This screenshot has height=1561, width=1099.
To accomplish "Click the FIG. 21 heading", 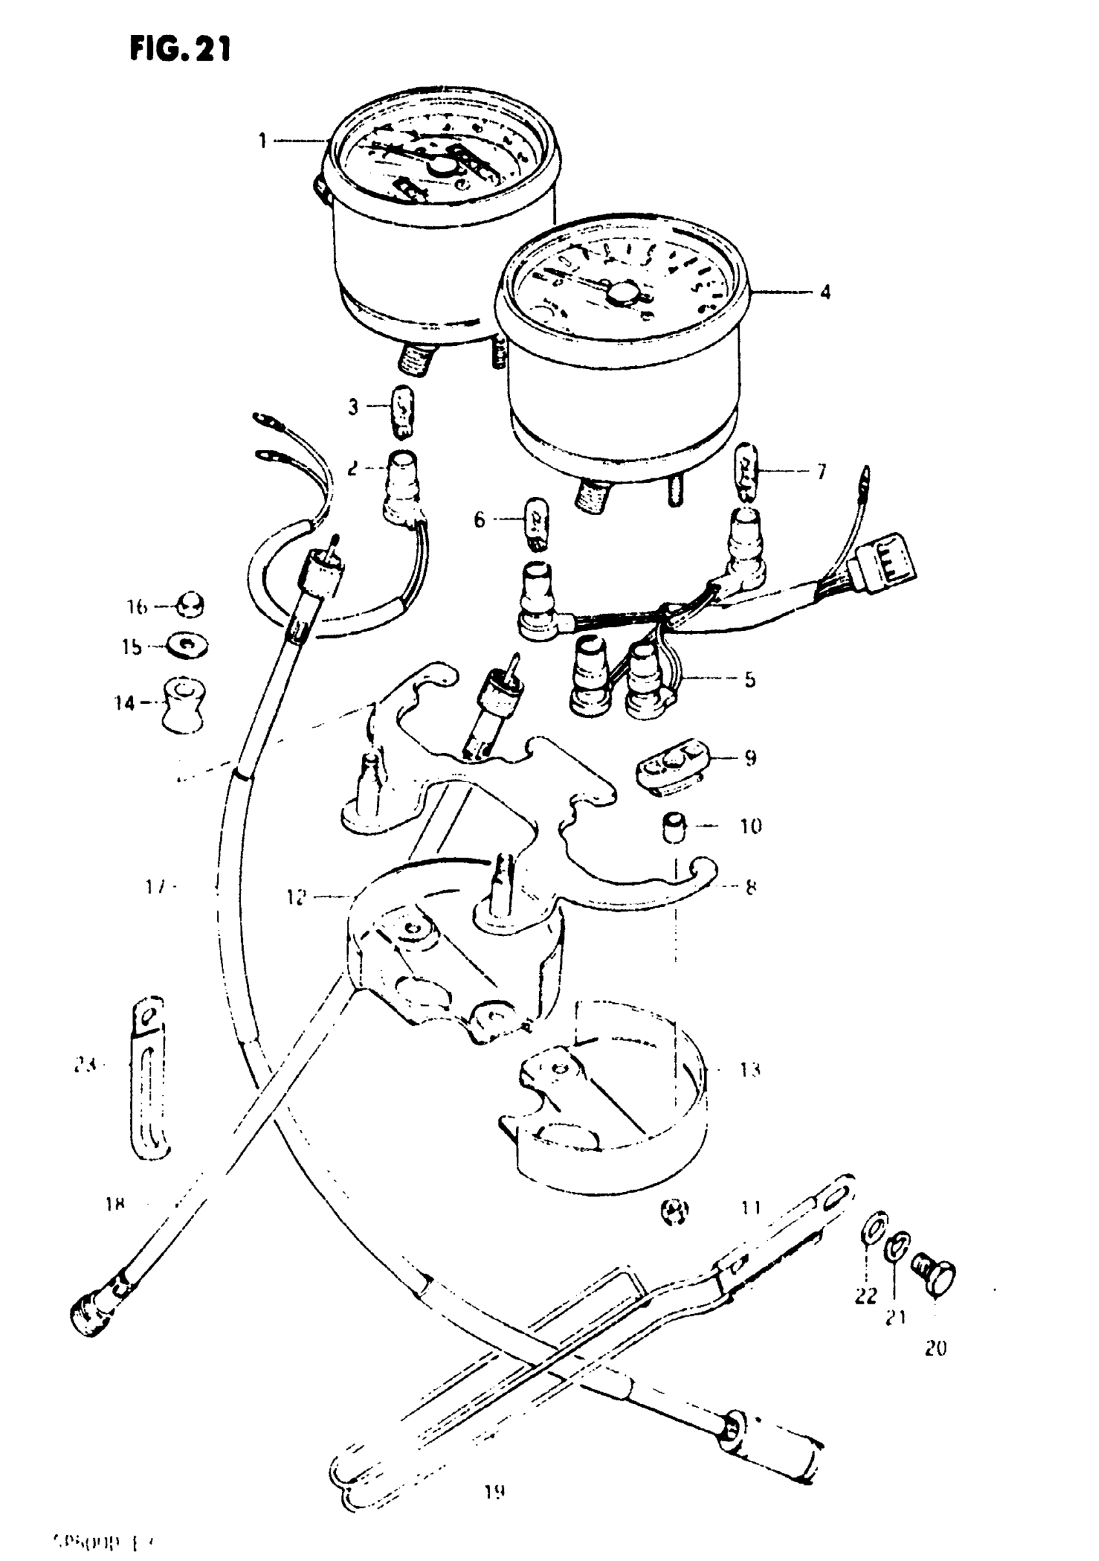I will coord(180,50).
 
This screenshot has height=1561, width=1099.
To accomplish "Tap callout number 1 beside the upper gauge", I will coord(262,142).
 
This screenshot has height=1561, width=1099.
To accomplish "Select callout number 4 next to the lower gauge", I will coord(825,292).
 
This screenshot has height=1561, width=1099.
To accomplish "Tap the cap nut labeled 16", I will coord(191,605).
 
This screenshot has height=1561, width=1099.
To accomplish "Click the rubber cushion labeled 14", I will coord(183,705).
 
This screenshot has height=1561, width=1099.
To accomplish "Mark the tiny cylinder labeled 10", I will coord(673,827).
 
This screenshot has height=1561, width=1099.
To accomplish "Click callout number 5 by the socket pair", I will coord(749,679).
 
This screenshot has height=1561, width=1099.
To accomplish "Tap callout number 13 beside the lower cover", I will coord(749,1070).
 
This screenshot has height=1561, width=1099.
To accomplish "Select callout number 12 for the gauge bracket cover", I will coord(297,897).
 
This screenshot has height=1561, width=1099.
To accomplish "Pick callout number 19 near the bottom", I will coord(495,1492).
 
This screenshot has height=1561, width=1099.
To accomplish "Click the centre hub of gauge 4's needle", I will coord(620,292).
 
